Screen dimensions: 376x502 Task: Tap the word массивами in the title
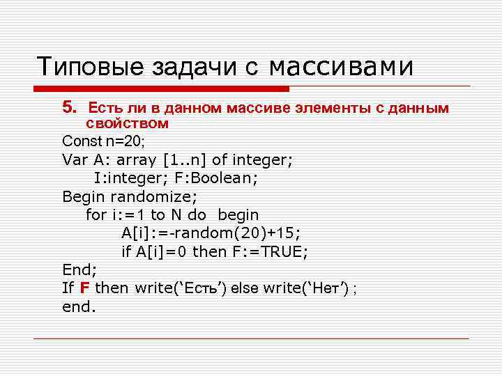341,67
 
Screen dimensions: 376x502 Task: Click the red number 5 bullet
68,108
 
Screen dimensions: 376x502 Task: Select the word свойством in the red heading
128,124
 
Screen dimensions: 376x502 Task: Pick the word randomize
154,196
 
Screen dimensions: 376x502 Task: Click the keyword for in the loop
96,215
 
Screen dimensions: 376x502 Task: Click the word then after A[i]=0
209,252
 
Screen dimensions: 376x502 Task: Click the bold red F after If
84,288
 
